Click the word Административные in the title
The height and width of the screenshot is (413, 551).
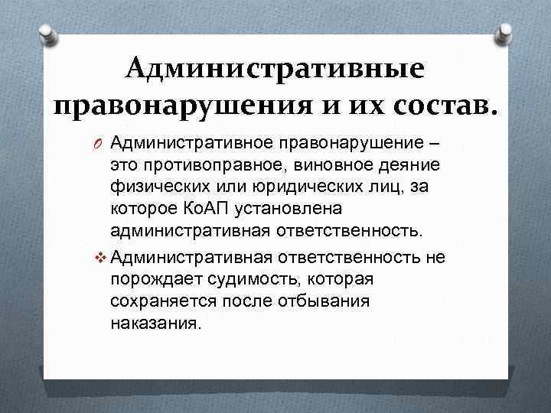(x=275, y=69)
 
